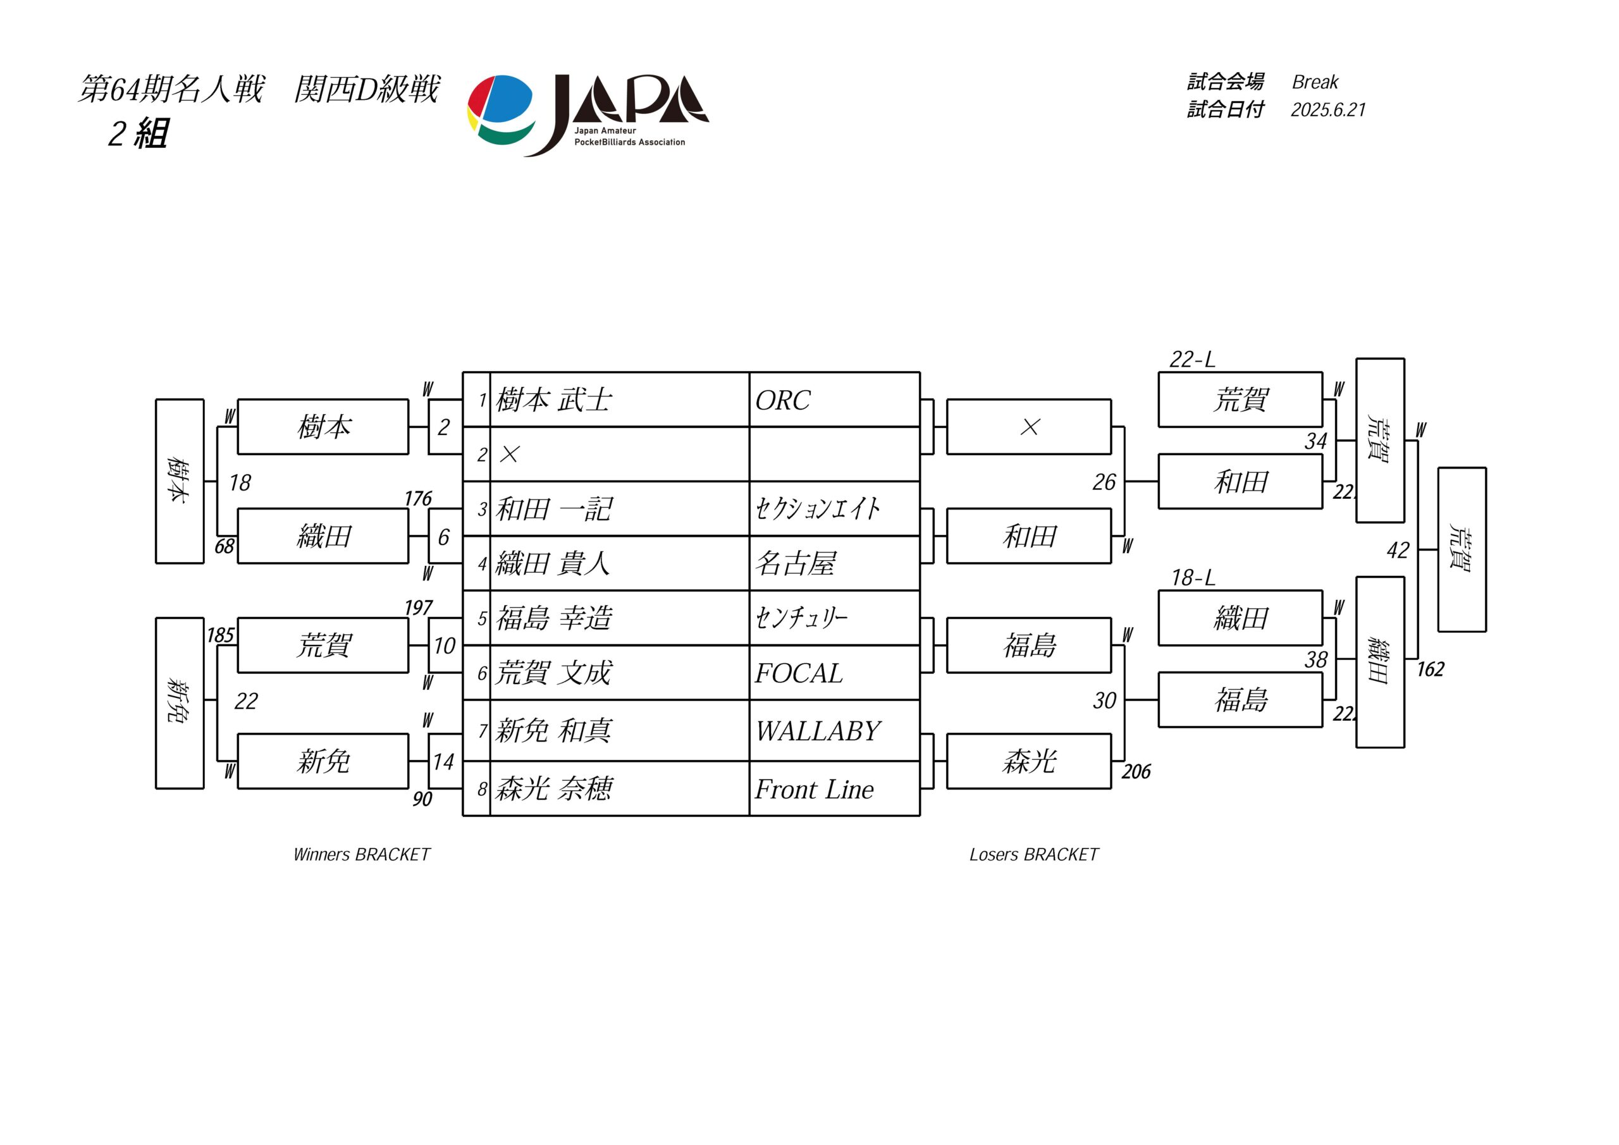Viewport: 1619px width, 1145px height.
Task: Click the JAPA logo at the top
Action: [x=588, y=115]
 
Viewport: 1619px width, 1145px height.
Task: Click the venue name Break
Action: [x=1314, y=82]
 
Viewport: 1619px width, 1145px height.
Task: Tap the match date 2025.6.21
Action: [x=1328, y=110]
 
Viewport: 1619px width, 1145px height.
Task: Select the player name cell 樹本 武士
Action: [x=619, y=400]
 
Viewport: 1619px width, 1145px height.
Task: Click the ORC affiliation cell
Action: [x=834, y=400]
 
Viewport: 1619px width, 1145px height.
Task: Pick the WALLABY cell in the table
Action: [x=834, y=730]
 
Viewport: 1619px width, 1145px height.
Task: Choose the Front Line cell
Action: [x=834, y=789]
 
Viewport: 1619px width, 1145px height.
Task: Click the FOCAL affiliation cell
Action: [x=834, y=673]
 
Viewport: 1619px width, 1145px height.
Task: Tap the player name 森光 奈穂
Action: [x=553, y=789]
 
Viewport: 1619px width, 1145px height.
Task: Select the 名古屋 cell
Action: [x=834, y=563]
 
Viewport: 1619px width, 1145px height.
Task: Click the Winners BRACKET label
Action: [x=361, y=855]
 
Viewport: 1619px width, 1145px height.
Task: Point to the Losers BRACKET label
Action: [x=1034, y=855]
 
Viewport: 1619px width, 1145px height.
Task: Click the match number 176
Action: [x=417, y=498]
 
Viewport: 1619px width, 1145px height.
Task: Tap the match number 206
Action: [x=1135, y=771]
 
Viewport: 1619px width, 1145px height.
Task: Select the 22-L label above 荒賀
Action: [x=1191, y=359]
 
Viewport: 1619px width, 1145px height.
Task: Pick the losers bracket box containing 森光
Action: [x=1029, y=761]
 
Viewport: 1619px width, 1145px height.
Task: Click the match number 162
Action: [x=1430, y=669]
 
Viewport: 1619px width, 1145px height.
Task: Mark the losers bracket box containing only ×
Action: [x=1029, y=427]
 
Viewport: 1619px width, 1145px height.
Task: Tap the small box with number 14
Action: [x=445, y=761]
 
